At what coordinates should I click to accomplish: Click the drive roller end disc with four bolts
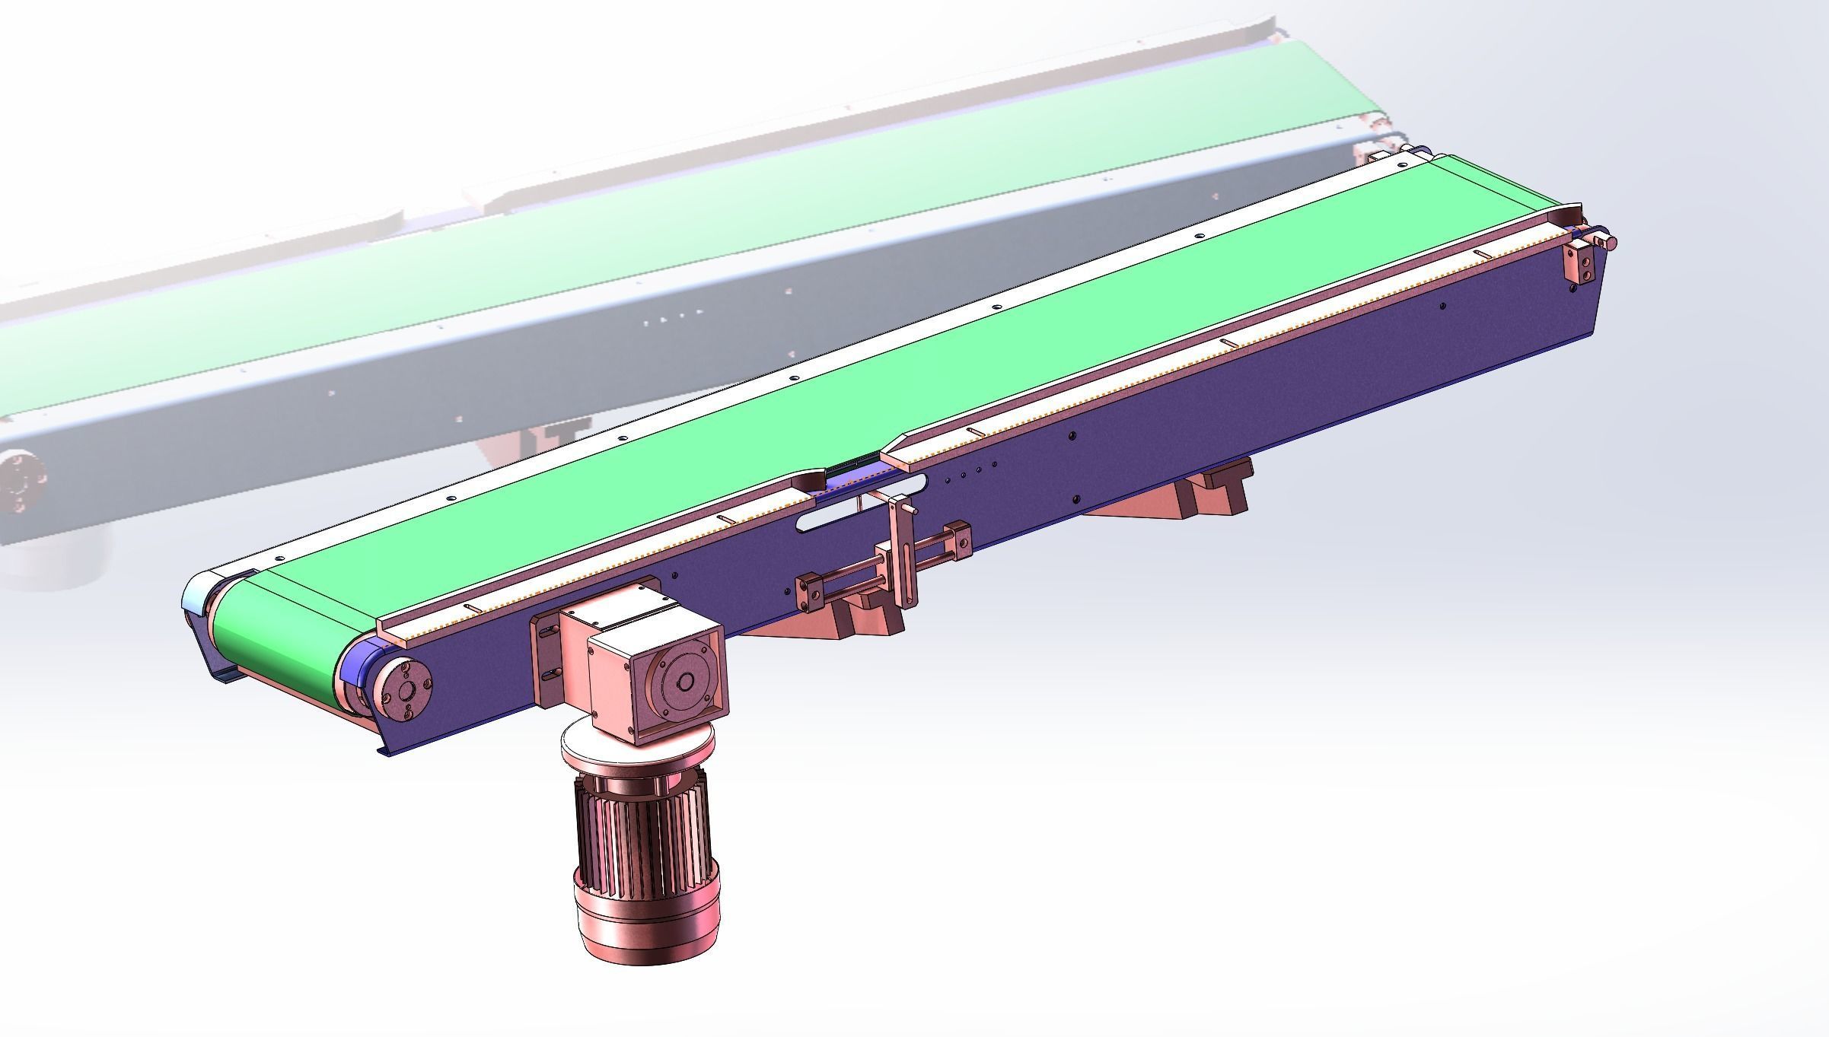tap(403, 690)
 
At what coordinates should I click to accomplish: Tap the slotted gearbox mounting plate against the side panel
tap(546, 654)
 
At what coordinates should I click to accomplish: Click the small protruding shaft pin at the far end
tap(1609, 243)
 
